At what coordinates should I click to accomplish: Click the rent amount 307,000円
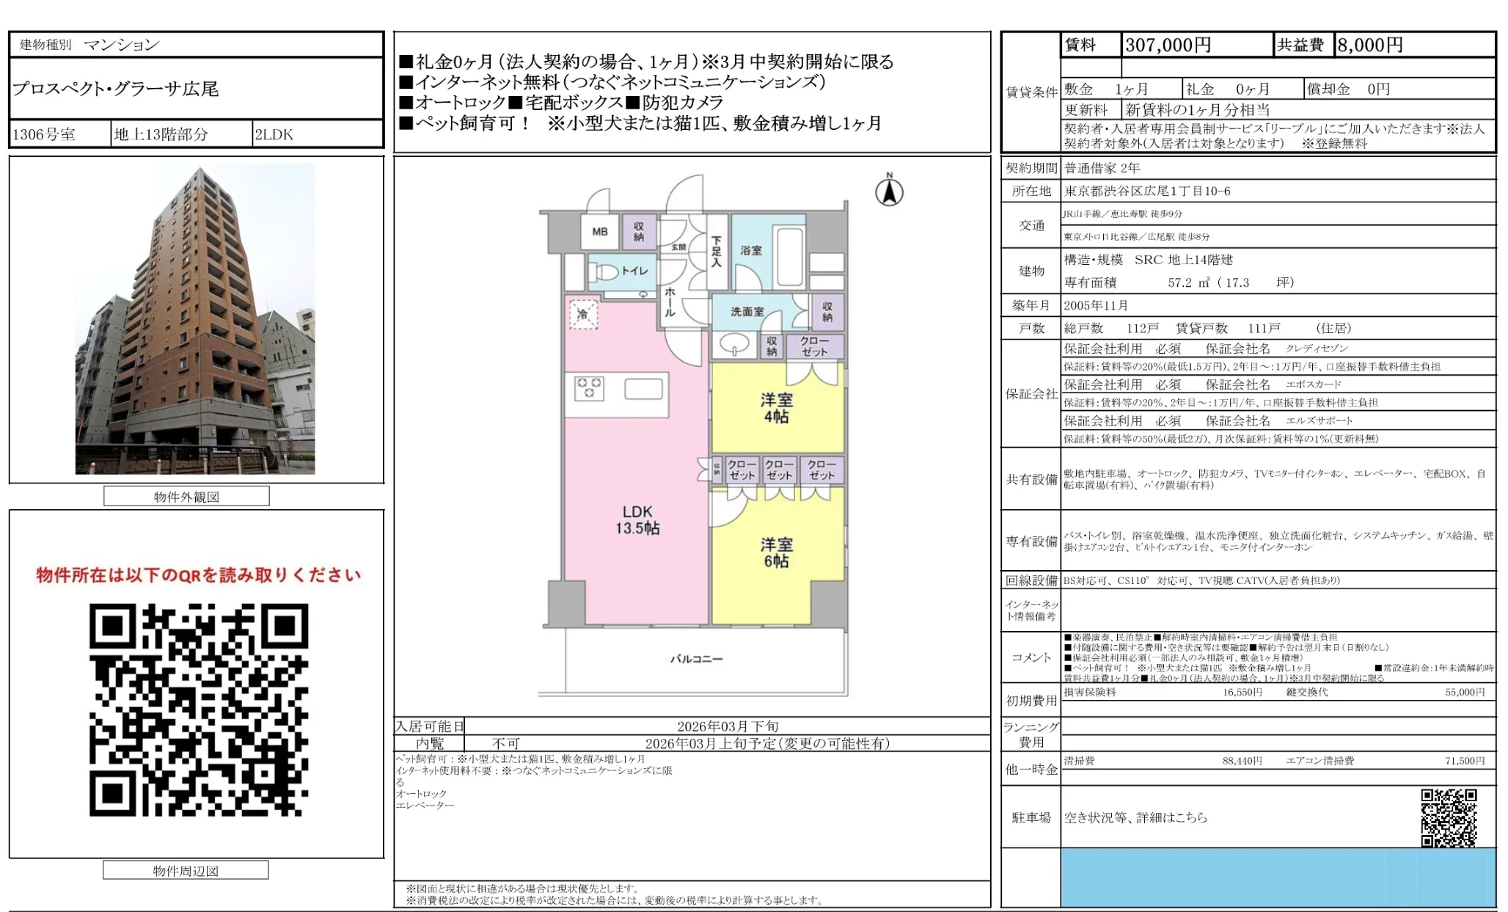[1168, 45]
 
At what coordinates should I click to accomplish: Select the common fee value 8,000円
[1369, 45]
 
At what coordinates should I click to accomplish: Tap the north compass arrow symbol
[889, 192]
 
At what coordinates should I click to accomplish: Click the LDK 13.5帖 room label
[637, 519]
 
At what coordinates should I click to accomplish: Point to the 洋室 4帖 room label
[776, 408]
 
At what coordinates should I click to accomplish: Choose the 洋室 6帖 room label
[776, 552]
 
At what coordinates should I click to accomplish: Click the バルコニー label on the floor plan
[696, 659]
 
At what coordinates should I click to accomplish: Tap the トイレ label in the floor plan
[634, 271]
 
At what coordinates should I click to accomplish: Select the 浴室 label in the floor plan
[750, 250]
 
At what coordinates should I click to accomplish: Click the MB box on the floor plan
[600, 232]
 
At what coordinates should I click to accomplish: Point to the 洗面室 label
[747, 312]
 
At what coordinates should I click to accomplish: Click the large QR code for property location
[199, 709]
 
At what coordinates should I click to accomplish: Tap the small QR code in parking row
[1449, 817]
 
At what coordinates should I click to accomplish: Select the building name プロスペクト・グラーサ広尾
[116, 89]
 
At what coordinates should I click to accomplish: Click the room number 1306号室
[44, 134]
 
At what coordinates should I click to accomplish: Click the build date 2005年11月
[1096, 305]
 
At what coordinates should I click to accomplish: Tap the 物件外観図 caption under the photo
[186, 497]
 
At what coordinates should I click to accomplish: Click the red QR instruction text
[198, 575]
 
